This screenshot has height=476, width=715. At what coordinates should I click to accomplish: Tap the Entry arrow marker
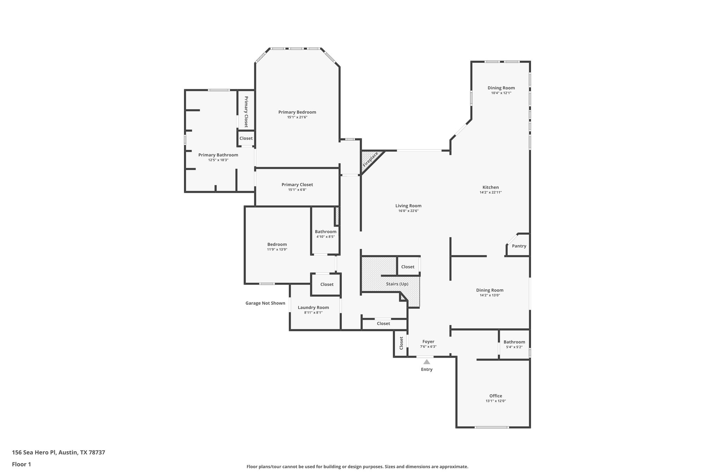point(427,362)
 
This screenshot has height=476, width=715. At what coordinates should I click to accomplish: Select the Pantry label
point(519,246)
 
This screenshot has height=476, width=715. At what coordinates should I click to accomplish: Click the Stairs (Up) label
point(397,284)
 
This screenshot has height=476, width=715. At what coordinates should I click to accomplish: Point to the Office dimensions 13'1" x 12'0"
point(495,401)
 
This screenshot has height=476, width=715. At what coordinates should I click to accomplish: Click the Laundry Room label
point(313,308)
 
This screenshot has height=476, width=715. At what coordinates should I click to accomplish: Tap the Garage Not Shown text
point(265,303)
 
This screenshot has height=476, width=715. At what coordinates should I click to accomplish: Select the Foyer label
point(428,342)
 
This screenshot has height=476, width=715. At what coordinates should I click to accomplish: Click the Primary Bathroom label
point(218,155)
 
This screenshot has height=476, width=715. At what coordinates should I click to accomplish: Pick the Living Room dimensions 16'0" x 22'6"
point(408,211)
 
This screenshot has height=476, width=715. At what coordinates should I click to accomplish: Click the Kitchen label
point(491,188)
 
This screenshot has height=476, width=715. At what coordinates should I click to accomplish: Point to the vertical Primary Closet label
point(246,112)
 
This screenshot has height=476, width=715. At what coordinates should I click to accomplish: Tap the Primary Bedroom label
point(297,112)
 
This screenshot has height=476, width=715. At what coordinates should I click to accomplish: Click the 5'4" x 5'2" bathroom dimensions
point(514,347)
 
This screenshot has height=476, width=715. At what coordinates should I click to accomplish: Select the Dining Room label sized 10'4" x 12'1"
point(501,88)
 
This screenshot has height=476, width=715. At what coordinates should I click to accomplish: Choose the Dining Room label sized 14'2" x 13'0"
point(489,290)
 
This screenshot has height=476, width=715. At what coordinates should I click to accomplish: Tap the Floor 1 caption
point(21,464)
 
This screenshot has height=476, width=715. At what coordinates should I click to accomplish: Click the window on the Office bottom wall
point(492,427)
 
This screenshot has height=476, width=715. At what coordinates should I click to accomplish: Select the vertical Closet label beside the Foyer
point(401,343)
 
